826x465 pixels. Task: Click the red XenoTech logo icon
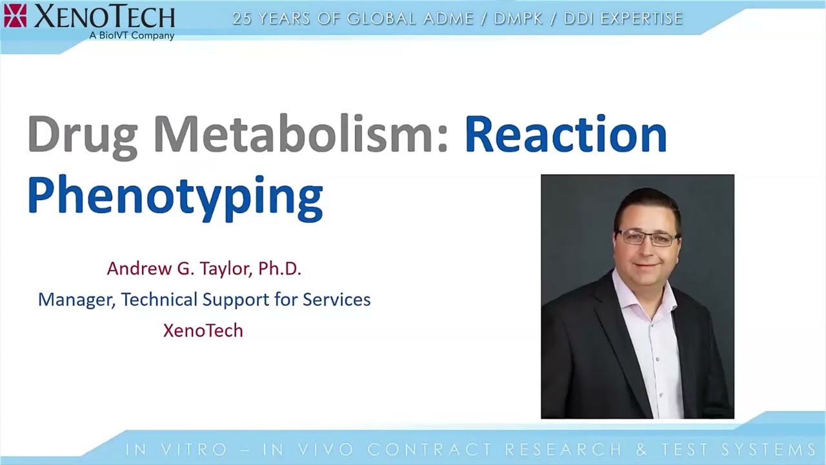coord(15,15)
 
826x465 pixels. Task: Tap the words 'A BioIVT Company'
coord(132,36)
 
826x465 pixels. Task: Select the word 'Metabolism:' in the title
coord(300,134)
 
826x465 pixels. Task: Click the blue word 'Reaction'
coord(565,134)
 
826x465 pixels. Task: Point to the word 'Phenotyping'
coord(175,196)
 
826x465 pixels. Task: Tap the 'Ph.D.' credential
coord(279,269)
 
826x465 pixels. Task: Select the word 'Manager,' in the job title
coord(76,300)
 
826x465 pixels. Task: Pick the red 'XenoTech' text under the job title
coord(203,331)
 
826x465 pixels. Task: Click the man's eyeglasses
coord(647,238)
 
